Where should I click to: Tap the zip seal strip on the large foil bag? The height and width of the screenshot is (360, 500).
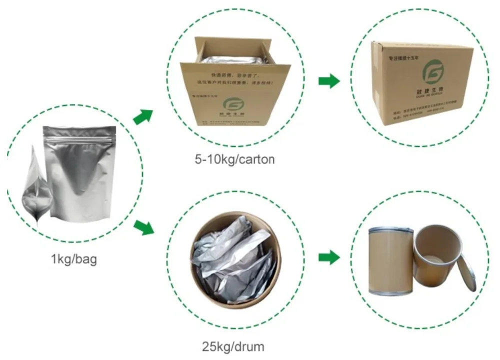(79, 134)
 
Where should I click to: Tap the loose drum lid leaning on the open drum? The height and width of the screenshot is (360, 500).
(466, 272)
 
